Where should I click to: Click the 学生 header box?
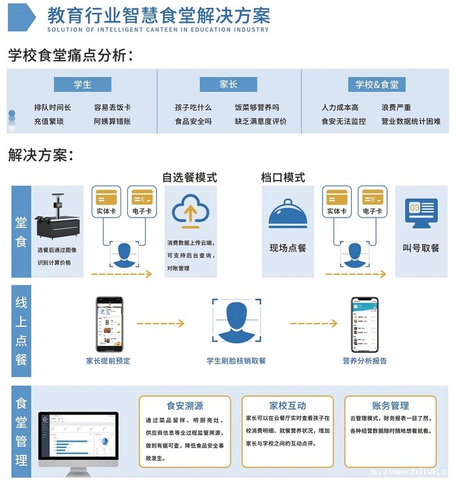point(83,85)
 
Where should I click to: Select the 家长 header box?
point(228,85)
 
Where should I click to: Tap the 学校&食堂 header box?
point(377,85)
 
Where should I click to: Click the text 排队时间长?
point(53,107)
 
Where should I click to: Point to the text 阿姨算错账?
point(112,121)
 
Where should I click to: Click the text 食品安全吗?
point(193,121)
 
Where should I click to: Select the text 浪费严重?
point(396,107)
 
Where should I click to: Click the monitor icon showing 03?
point(421,214)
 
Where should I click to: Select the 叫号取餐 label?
point(421,248)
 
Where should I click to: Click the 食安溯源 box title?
point(185,405)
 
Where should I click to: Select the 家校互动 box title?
point(287,405)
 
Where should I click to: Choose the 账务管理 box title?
point(390,405)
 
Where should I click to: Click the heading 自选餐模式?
point(190,177)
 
